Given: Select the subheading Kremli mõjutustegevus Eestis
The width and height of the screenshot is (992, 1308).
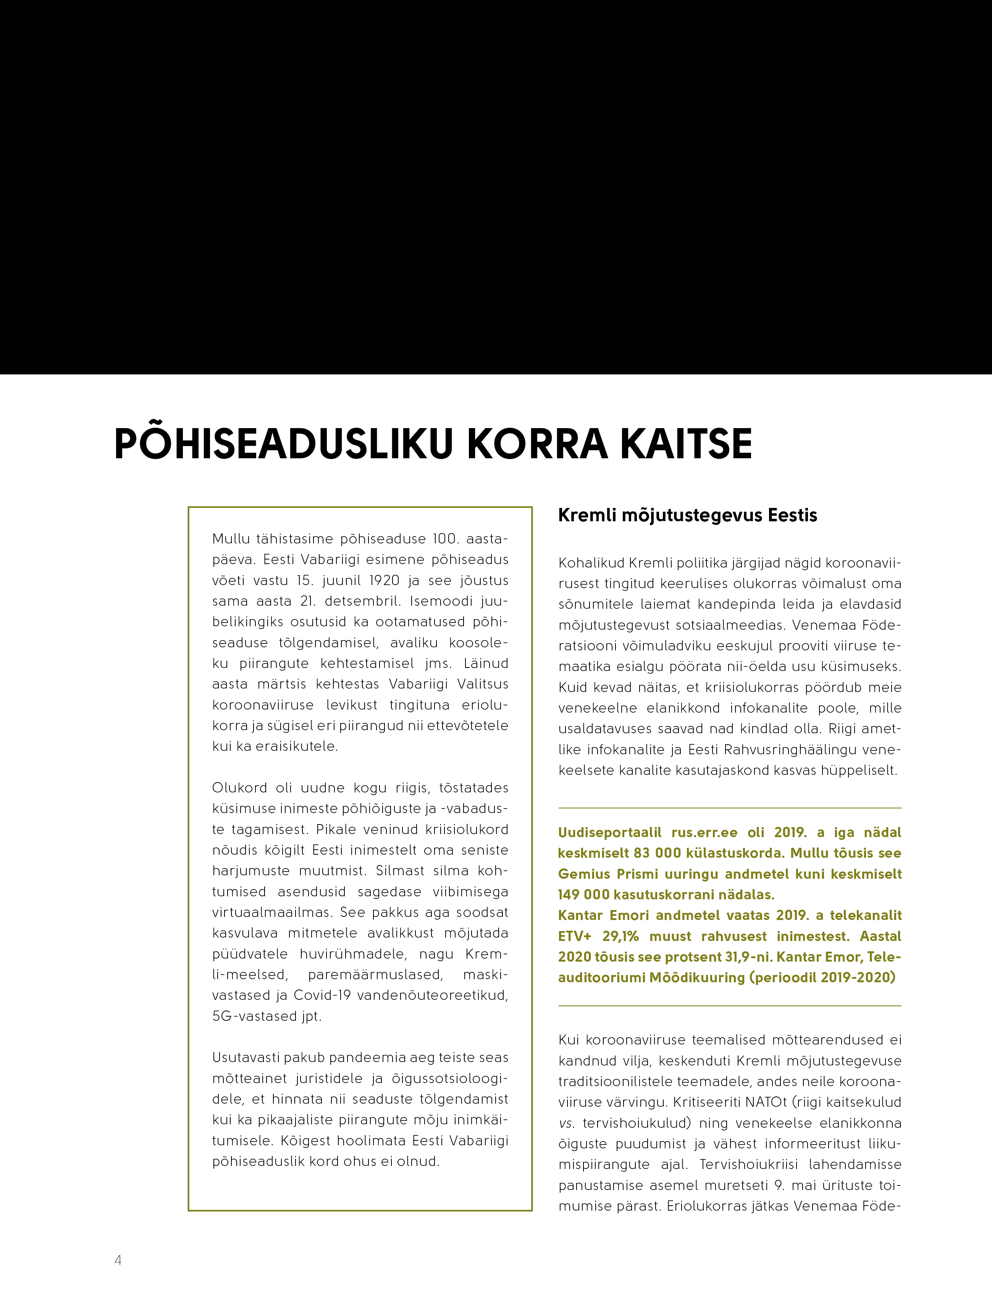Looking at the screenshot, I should [687, 516].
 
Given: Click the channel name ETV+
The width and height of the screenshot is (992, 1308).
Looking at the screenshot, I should [575, 936].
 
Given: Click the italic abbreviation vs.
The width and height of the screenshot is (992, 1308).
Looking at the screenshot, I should [566, 1123].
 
